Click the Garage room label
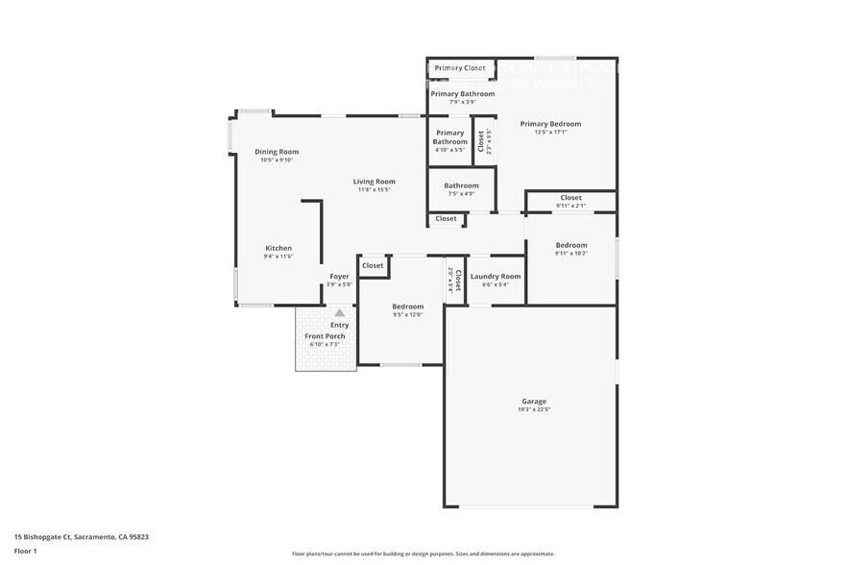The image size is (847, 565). (x=534, y=401)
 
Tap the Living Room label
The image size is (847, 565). (x=374, y=181)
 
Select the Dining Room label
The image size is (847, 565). (x=277, y=151)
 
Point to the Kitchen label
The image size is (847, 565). (x=278, y=248)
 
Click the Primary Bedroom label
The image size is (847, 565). (x=550, y=123)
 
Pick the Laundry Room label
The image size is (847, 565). (x=496, y=276)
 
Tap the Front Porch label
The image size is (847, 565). (x=325, y=335)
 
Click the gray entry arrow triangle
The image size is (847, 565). (x=339, y=312)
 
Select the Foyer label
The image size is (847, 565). (x=339, y=276)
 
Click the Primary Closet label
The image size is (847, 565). (x=460, y=68)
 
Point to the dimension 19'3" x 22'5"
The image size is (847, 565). (x=534, y=410)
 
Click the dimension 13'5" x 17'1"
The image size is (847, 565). (x=550, y=132)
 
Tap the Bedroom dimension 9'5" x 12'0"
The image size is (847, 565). (x=407, y=315)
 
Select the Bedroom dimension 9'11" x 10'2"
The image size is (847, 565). (x=570, y=254)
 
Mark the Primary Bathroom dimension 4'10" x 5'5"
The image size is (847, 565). (x=449, y=150)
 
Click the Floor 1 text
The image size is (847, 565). (x=25, y=551)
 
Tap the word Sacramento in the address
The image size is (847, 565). (x=96, y=537)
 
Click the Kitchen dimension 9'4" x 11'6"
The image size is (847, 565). (x=278, y=257)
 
